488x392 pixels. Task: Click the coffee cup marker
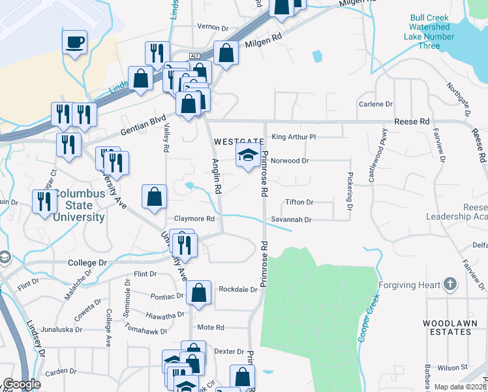pyautogui.click(x=74, y=43)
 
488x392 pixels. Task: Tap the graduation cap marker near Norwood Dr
pyautogui.click(x=247, y=156)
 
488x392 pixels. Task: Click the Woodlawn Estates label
pyautogui.click(x=446, y=327)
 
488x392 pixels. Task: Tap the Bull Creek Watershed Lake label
pyautogui.click(x=429, y=31)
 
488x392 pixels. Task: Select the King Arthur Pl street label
pyautogui.click(x=294, y=137)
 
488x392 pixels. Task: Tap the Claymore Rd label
pyautogui.click(x=194, y=219)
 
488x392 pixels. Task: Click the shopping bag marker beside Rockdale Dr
pyautogui.click(x=198, y=294)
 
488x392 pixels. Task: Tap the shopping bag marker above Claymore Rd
pyautogui.click(x=154, y=197)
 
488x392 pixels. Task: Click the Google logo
pyautogui.click(x=22, y=384)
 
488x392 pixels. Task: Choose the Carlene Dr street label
pyautogui.click(x=375, y=104)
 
